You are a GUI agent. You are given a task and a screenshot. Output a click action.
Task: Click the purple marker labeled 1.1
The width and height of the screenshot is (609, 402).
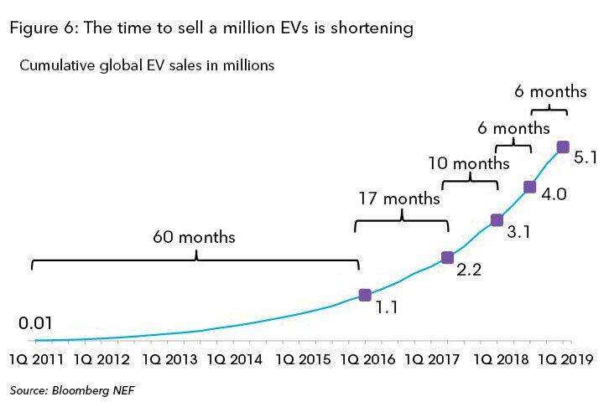[365, 295]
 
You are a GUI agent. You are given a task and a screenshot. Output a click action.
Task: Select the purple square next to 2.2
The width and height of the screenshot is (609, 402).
[447, 257]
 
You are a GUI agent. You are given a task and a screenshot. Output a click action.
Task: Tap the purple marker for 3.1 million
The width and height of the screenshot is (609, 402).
[497, 220]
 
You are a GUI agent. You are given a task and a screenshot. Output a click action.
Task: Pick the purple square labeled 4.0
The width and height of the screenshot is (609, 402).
[529, 187]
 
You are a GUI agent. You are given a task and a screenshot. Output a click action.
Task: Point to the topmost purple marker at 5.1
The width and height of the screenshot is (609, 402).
[563, 147]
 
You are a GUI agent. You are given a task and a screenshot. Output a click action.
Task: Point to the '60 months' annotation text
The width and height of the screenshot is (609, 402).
[194, 237]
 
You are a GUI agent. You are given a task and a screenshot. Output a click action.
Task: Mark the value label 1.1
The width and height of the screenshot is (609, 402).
[385, 307]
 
